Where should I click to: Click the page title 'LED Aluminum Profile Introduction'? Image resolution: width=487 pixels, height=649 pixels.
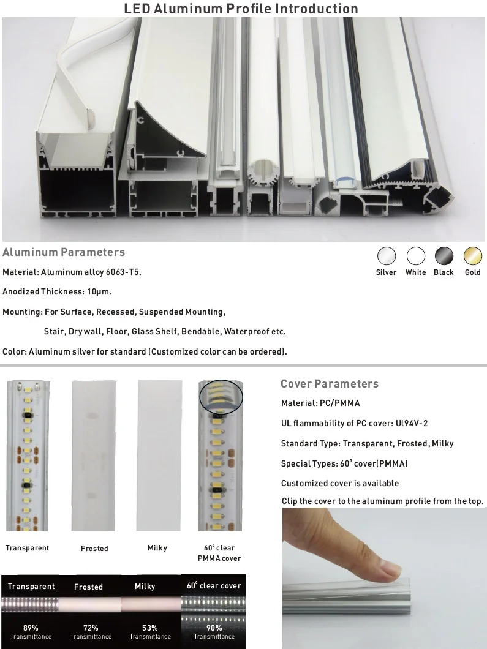coord(241,9)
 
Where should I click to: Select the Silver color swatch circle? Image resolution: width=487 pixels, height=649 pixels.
coord(387,256)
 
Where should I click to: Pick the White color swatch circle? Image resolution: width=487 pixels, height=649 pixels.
coord(416,256)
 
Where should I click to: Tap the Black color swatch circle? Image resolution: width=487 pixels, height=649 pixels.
coord(444,256)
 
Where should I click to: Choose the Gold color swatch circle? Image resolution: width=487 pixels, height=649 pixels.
coord(472,256)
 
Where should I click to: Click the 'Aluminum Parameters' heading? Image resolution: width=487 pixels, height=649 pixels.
coord(64,252)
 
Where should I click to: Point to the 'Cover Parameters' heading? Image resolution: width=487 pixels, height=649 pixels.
coord(330,384)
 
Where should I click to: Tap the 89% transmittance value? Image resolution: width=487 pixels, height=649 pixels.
coord(31,628)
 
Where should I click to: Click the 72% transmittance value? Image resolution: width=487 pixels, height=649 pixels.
coord(91,628)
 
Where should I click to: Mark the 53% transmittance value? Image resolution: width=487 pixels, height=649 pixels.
coord(150,628)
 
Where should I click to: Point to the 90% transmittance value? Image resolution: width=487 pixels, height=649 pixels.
coord(214,628)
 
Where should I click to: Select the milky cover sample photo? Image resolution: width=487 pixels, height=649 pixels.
coord(159,455)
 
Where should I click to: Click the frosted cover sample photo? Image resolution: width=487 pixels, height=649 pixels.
coord(94,455)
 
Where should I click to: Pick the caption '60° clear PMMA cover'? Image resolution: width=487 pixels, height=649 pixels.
coord(219,553)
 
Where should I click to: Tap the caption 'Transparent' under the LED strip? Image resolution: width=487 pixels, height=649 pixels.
coord(28,548)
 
